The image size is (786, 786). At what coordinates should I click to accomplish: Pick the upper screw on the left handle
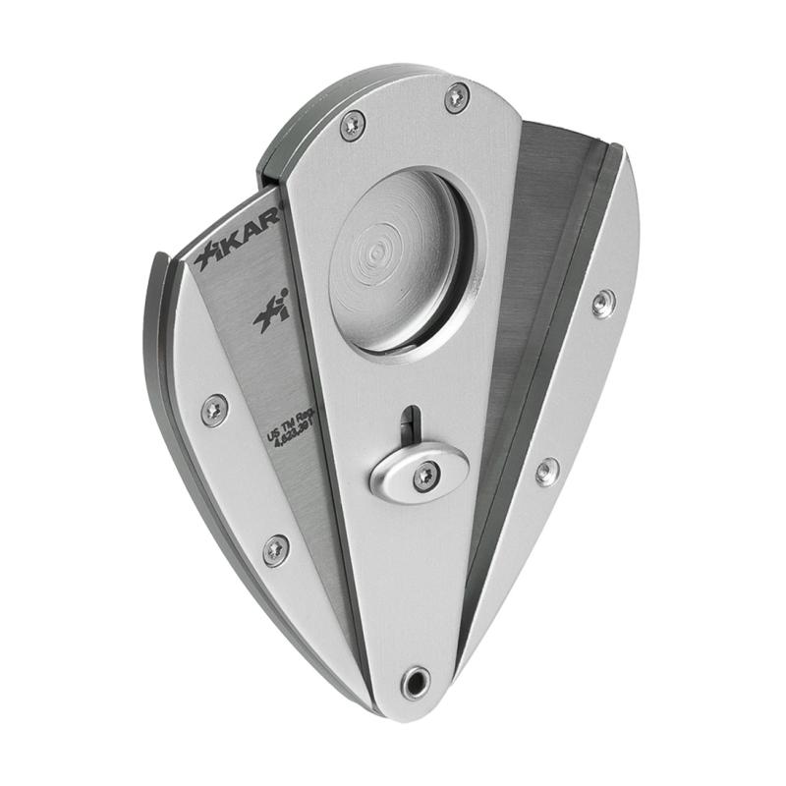[214, 409]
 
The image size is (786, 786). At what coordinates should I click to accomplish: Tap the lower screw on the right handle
[547, 471]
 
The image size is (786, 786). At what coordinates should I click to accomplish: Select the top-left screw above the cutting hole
[352, 125]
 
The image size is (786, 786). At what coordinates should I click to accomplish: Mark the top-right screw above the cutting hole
[456, 96]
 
